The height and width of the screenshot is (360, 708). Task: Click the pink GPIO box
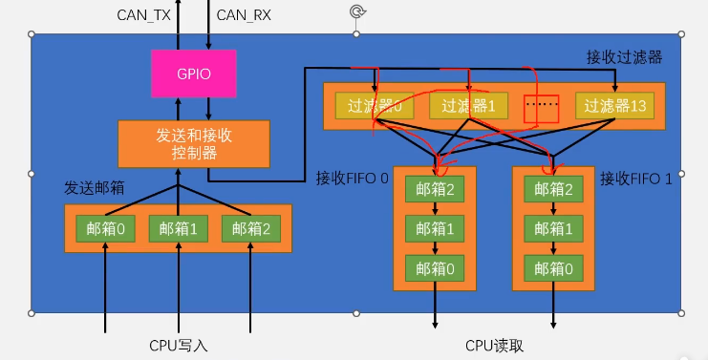coord(194,73)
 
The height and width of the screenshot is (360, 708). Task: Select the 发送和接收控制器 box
coord(194,144)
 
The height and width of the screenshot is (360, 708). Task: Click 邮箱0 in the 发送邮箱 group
coord(106,229)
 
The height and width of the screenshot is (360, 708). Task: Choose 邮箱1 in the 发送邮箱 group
coord(179,229)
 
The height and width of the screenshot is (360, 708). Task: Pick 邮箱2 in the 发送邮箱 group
coord(250,229)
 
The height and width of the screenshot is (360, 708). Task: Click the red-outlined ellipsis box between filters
coord(541,107)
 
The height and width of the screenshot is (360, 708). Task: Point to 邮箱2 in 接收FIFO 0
coord(436,189)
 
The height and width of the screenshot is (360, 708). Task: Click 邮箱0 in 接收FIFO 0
coord(436,269)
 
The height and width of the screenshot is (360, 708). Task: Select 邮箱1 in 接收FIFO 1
coord(555,229)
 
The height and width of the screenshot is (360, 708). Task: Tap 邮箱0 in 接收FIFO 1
coord(555,269)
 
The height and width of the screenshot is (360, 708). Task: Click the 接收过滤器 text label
coord(623,58)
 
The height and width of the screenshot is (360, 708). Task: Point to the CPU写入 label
coord(178,346)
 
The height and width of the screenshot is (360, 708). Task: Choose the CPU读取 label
coord(494,346)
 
